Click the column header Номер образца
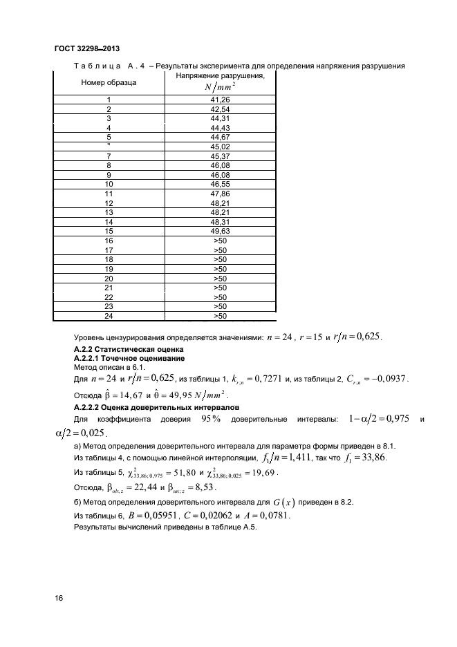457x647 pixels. click(x=109, y=82)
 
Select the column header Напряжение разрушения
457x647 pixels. click(x=220, y=75)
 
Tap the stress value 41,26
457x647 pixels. click(x=220, y=100)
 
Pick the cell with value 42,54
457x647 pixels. click(x=220, y=109)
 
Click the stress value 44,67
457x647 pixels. click(x=220, y=138)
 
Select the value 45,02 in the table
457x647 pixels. click(x=220, y=147)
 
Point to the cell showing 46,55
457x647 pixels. click(x=220, y=185)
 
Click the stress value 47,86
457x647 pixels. click(x=220, y=194)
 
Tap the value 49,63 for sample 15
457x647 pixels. click(x=220, y=231)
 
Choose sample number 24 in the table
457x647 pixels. click(x=109, y=316)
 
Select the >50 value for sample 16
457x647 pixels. click(x=220, y=241)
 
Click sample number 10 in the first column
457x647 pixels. click(x=109, y=185)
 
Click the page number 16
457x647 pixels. click(x=59, y=598)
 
